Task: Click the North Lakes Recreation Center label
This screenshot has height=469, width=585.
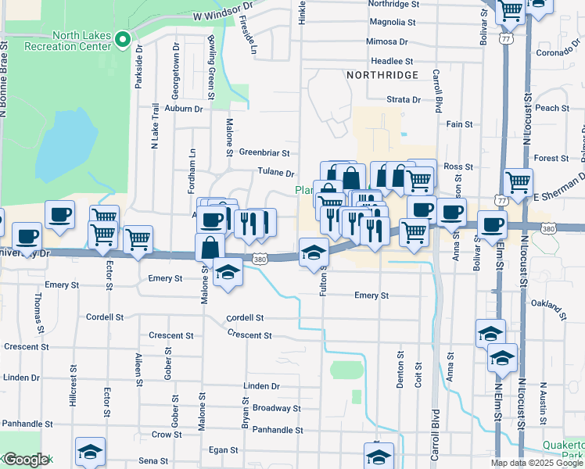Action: click(x=81, y=41)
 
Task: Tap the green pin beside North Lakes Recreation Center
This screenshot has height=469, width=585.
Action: click(x=122, y=40)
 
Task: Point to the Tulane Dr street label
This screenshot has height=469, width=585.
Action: click(x=275, y=174)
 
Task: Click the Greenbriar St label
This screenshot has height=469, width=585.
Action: click(x=264, y=153)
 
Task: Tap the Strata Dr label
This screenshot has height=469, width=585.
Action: click(x=404, y=100)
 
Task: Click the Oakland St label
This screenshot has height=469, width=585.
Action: click(x=548, y=305)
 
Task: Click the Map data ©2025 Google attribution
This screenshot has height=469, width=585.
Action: click(x=537, y=463)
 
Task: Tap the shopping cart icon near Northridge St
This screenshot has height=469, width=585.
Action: click(x=510, y=10)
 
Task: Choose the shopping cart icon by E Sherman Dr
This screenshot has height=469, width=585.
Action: click(x=518, y=182)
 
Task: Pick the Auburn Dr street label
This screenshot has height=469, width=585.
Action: click(x=184, y=109)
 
